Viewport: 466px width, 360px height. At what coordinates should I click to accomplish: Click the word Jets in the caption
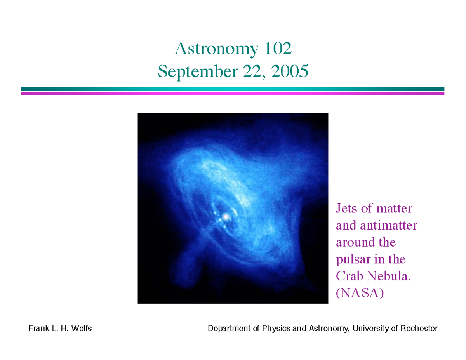pyautogui.click(x=346, y=209)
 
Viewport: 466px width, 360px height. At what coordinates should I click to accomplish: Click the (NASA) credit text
pyautogui.click(x=359, y=293)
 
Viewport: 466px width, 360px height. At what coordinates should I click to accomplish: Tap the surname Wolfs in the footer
pyautogui.click(x=81, y=329)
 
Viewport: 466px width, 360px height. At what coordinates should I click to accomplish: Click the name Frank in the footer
pyautogui.click(x=37, y=329)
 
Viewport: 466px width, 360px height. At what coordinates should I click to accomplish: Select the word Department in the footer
pyautogui.click(x=229, y=329)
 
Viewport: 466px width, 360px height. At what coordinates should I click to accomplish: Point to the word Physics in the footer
pyautogui.click(x=274, y=329)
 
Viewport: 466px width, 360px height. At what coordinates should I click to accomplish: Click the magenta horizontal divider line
pyautogui.click(x=233, y=93)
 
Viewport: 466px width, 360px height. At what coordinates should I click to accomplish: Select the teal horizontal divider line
pyautogui.click(x=233, y=89)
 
